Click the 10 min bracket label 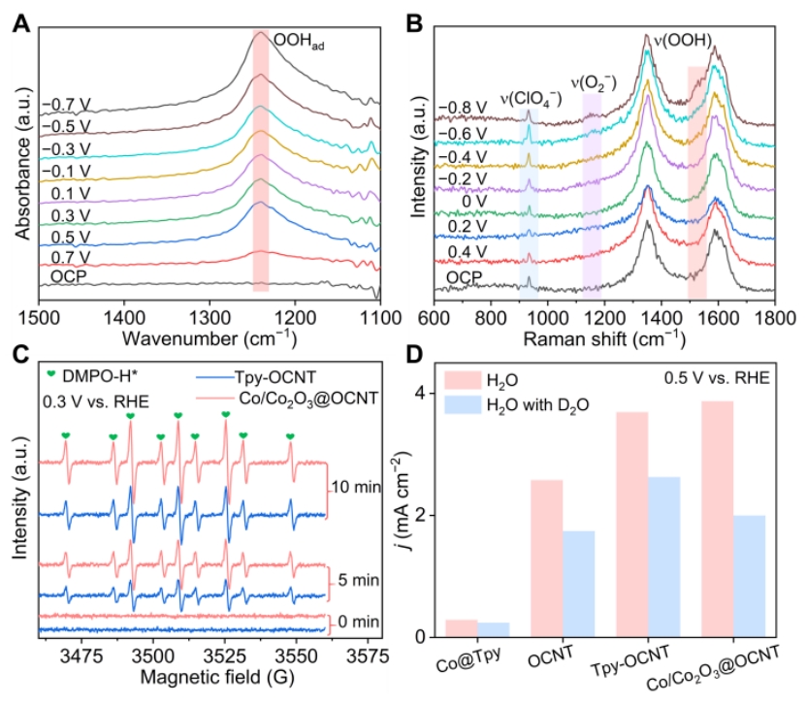(357, 486)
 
